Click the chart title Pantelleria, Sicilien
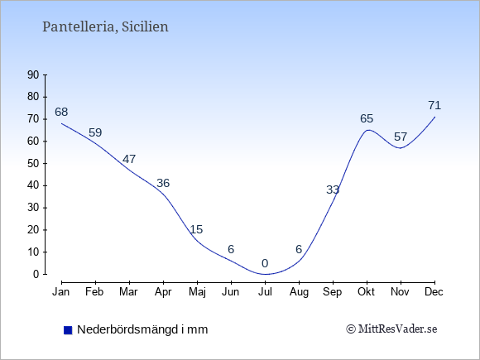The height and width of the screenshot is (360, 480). [x=105, y=27]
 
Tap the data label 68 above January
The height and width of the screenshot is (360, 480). [x=61, y=112]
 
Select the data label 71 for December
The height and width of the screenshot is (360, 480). [x=434, y=106]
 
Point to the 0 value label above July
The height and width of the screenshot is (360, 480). [x=265, y=263]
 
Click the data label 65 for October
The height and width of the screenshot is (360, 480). [x=367, y=118]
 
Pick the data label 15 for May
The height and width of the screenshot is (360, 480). [x=196, y=229]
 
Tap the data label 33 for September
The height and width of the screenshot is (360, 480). [x=333, y=190]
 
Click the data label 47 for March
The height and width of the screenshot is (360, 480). [x=129, y=159]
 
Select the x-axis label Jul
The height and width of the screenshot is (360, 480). [x=265, y=292]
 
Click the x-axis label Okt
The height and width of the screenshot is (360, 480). [x=366, y=292]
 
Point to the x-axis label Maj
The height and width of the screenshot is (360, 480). [x=197, y=292]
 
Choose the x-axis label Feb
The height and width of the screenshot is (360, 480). [x=94, y=292]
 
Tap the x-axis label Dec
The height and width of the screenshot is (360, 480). [x=434, y=292]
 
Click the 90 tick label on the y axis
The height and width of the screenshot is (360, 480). [x=33, y=74]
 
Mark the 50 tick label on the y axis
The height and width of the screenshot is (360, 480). [x=33, y=163]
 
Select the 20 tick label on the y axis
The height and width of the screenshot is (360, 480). [x=33, y=229]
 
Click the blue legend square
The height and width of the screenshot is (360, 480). [x=68, y=330]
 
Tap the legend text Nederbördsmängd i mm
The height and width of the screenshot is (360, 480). [x=142, y=329]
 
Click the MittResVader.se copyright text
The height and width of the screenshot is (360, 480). [x=391, y=329]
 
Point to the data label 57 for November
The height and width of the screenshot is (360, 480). [x=401, y=137]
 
